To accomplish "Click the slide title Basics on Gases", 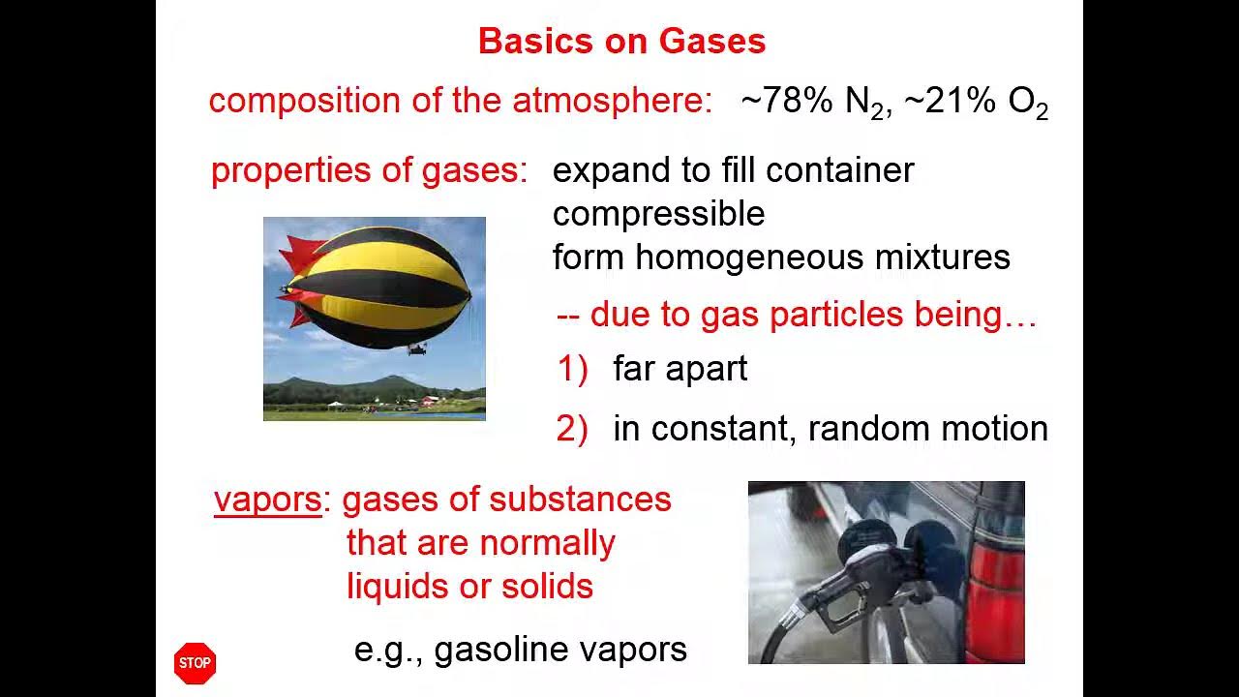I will click(x=621, y=42).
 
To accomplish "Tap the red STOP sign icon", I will click(x=195, y=663).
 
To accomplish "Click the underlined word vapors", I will click(x=267, y=500).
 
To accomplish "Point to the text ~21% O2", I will click(x=976, y=102).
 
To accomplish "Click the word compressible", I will click(x=658, y=214).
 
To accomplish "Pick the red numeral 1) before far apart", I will click(x=572, y=369).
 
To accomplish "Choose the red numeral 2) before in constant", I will click(x=572, y=429).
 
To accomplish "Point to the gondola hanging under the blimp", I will click(x=417, y=348).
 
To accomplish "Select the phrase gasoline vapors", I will click(x=559, y=650).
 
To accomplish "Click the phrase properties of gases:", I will click(x=369, y=170).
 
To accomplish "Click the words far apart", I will click(x=680, y=369).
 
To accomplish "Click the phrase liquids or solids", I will click(x=469, y=587).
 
